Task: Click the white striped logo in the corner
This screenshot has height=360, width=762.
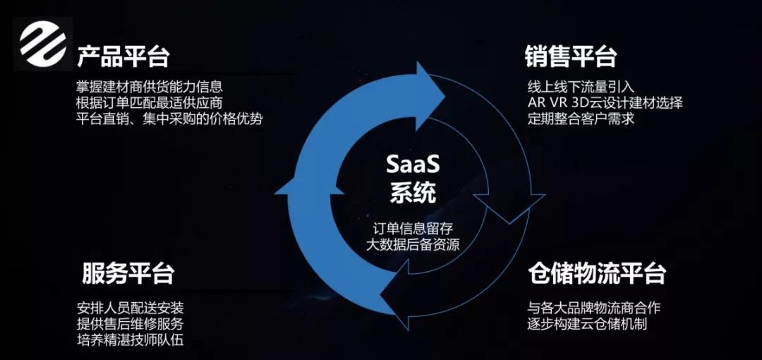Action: (43, 44)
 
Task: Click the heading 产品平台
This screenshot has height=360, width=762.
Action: (123, 57)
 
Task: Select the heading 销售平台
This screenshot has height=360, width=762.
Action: (571, 57)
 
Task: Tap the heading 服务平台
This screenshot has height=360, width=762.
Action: (128, 273)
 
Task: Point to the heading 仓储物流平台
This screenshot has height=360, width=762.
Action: (597, 273)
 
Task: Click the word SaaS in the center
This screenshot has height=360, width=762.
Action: (413, 165)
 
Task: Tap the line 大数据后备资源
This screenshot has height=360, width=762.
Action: (413, 244)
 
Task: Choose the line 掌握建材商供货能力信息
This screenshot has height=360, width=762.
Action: (150, 87)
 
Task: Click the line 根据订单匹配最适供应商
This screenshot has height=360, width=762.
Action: (150, 103)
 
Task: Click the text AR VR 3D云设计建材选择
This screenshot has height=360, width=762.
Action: (605, 103)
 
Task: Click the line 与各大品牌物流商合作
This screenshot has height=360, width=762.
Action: (594, 308)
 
